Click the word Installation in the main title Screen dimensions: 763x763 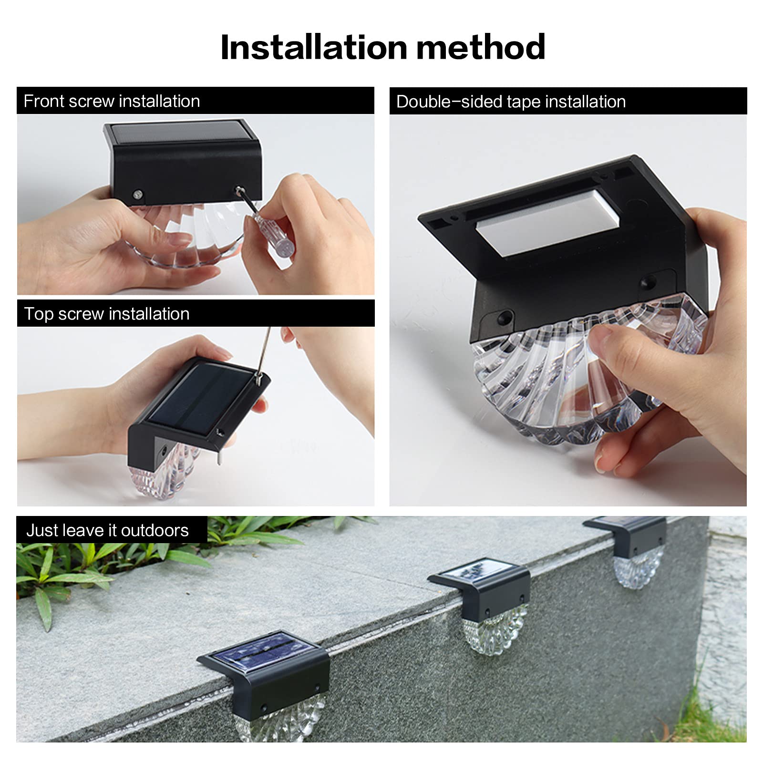tap(314, 47)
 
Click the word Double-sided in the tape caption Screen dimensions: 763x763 tap(449, 102)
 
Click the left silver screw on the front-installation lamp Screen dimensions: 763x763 tap(138, 195)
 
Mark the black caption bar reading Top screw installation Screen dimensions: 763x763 tap(196, 313)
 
